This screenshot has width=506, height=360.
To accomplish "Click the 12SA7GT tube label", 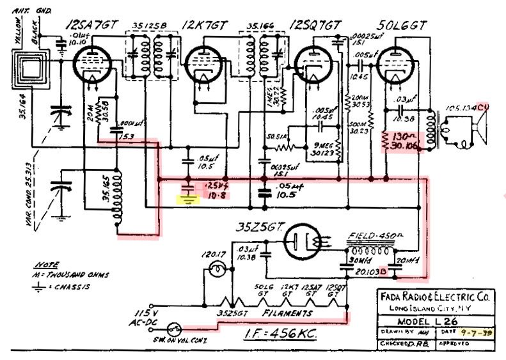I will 92,25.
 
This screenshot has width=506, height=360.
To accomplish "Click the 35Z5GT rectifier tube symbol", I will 306,242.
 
